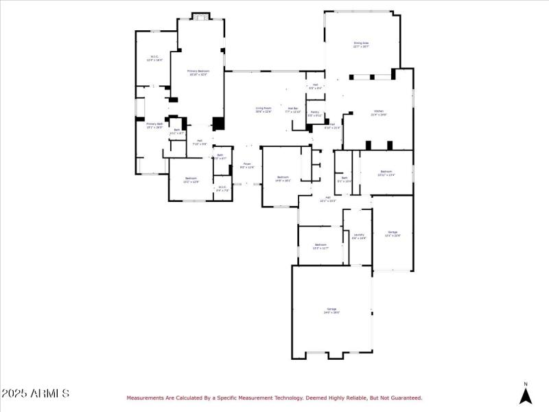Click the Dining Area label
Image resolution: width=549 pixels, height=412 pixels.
(x=362, y=45)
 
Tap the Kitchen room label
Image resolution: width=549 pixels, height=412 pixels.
(x=379, y=113)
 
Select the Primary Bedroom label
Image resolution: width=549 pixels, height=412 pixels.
(x=198, y=72)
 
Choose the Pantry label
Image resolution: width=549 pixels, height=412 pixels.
(x=314, y=113)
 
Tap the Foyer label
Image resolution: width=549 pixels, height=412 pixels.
(x=247, y=165)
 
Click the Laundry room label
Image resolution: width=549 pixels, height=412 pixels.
(x=359, y=236)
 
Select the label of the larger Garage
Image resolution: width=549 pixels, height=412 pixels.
(x=332, y=311)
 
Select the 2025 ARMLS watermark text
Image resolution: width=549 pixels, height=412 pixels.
(x=35, y=393)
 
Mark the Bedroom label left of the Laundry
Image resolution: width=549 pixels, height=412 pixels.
(x=320, y=246)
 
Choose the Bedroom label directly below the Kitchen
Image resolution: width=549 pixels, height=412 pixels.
(x=386, y=173)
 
